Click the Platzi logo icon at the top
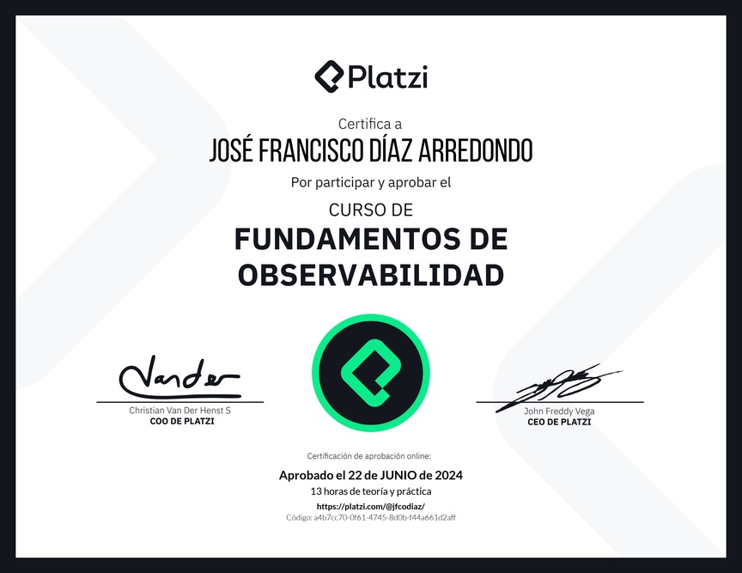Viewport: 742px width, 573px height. click(x=329, y=76)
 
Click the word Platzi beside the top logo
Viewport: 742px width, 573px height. click(x=388, y=77)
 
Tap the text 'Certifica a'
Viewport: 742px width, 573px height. click(x=370, y=124)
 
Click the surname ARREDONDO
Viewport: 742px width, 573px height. click(x=476, y=150)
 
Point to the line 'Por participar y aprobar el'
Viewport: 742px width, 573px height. click(x=371, y=183)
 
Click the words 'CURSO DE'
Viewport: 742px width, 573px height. click(x=371, y=210)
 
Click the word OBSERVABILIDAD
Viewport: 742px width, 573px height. click(x=371, y=275)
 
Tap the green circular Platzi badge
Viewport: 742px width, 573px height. click(x=371, y=373)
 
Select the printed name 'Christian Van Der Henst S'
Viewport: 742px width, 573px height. click(x=179, y=411)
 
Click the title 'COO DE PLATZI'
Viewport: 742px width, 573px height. click(x=182, y=422)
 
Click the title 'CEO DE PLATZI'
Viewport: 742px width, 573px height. click(x=559, y=422)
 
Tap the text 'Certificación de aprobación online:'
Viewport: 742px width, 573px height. click(x=369, y=456)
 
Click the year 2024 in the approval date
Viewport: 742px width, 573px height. click(x=449, y=475)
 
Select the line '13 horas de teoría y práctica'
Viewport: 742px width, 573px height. click(x=371, y=491)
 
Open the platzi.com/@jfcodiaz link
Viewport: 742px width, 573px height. click(x=371, y=506)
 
